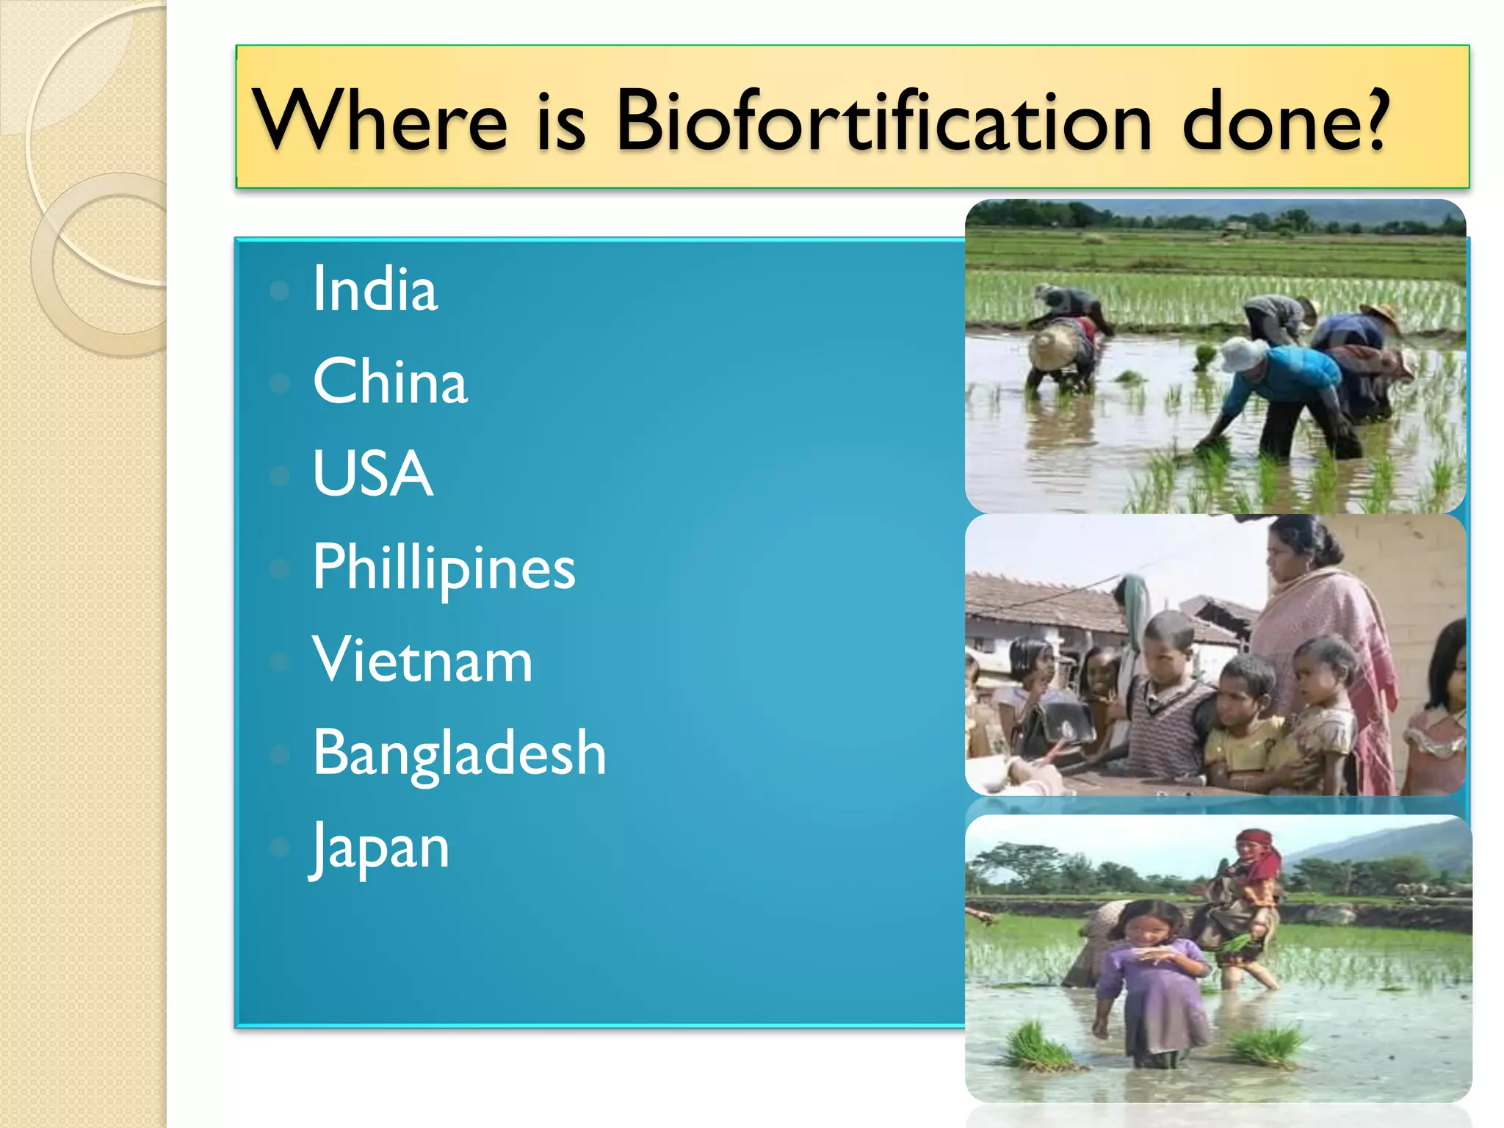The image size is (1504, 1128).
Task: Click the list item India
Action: pyautogui.click(x=375, y=289)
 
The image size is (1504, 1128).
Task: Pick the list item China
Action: pyautogui.click(x=390, y=381)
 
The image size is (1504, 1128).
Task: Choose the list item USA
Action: pyautogui.click(x=372, y=474)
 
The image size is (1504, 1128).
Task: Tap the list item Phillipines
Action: pyautogui.click(x=444, y=568)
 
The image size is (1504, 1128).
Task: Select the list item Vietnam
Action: pyautogui.click(x=422, y=659)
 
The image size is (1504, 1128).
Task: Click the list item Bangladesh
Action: pyautogui.click(x=460, y=753)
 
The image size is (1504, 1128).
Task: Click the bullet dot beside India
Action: pyautogui.click(x=280, y=291)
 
